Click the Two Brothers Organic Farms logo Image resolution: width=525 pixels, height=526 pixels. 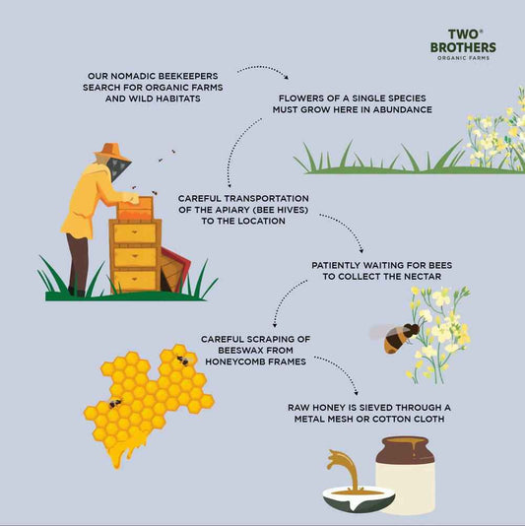click(463, 44)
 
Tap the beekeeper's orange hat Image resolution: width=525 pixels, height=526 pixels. click(111, 152)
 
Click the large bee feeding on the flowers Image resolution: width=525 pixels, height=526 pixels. click(396, 337)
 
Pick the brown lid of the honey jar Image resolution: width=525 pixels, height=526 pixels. click(406, 450)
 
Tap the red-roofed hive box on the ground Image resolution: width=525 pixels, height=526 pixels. click(174, 269)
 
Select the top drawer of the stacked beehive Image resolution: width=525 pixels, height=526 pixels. click(135, 232)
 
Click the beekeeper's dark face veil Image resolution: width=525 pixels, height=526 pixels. click(118, 168)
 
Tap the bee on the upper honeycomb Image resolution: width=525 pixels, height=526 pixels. click(183, 361)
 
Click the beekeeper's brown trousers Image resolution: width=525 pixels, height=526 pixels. click(77, 264)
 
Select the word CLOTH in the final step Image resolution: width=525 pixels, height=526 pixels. click(430, 419)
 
